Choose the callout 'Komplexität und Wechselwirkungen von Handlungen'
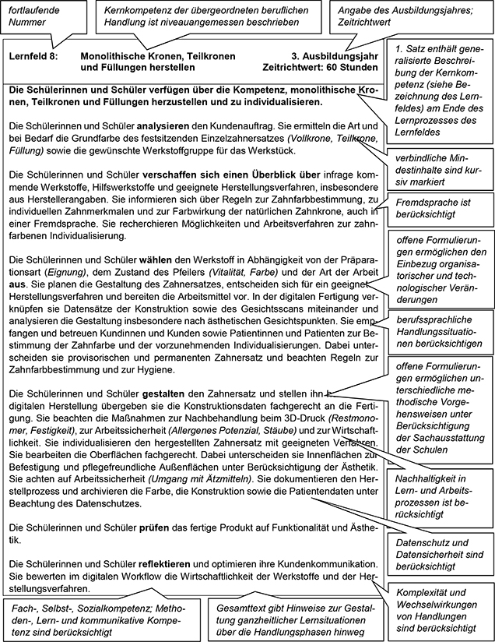point(440,610)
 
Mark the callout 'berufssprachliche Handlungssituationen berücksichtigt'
point(438,330)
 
